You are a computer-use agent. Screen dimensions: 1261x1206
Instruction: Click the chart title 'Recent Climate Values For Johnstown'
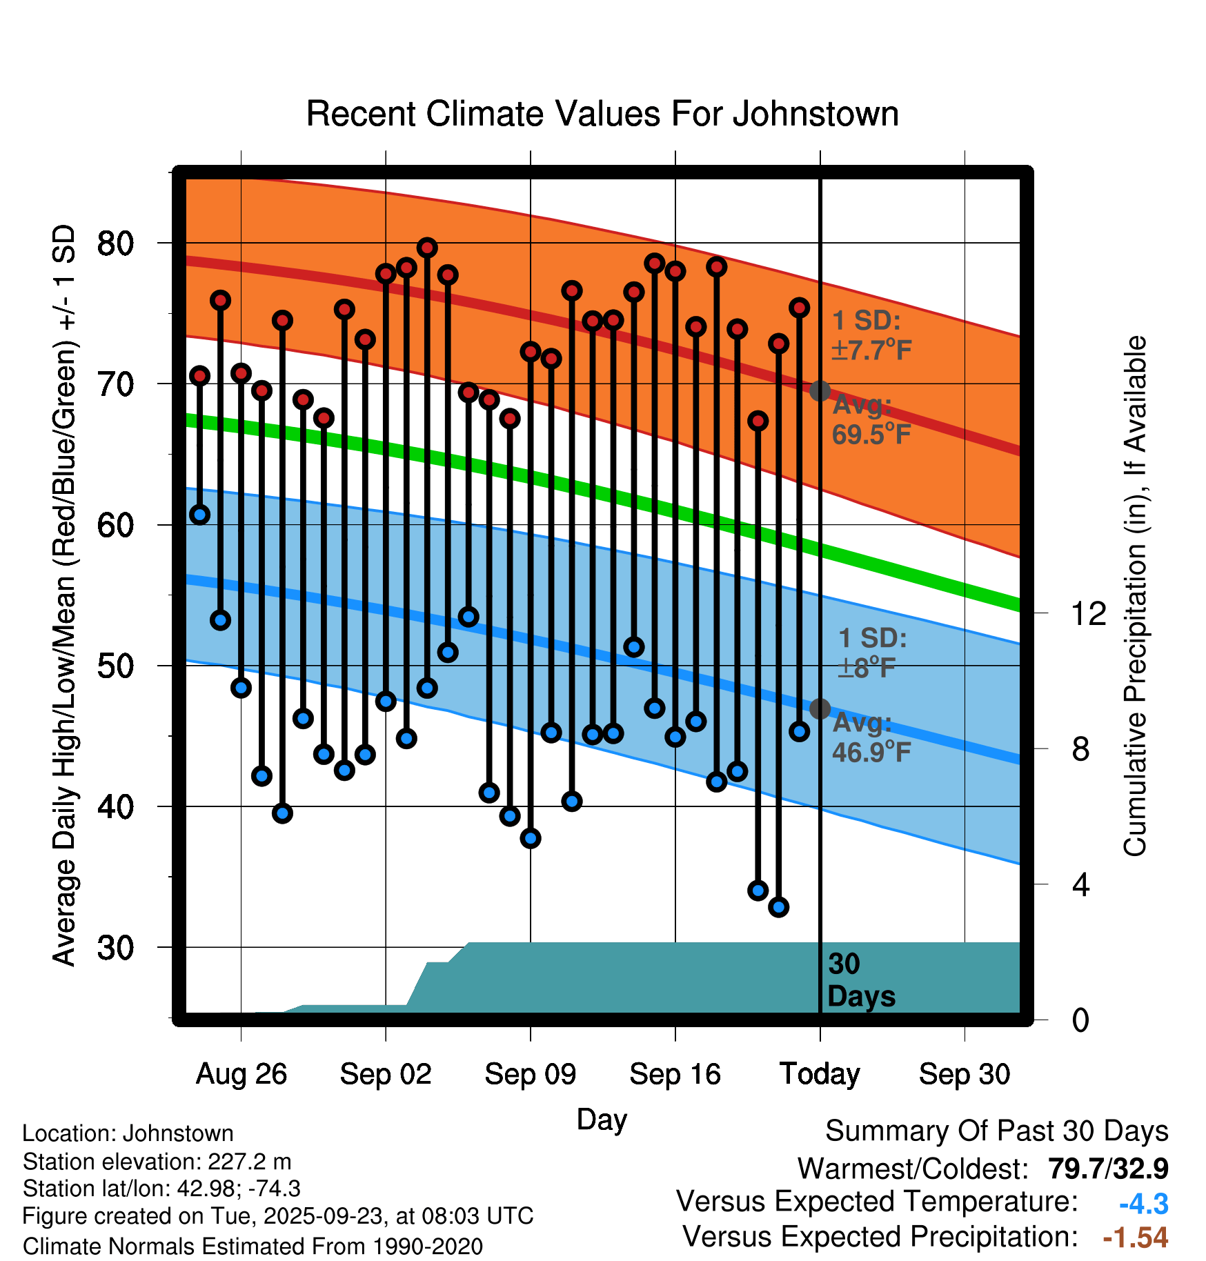[602, 114]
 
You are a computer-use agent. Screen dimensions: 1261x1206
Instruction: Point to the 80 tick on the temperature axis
[115, 244]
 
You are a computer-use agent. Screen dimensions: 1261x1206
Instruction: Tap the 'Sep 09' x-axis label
[530, 1074]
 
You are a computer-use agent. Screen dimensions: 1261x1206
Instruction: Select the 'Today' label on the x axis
[820, 1074]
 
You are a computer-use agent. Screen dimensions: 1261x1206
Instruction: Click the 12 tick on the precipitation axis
[1088, 613]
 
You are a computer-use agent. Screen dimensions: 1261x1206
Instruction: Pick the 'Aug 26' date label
[241, 1074]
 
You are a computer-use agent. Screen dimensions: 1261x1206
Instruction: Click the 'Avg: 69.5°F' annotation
[871, 420]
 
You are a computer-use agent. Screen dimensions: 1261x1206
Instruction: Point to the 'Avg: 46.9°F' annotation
[871, 737]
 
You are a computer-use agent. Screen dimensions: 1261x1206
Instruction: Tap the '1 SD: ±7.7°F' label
[871, 336]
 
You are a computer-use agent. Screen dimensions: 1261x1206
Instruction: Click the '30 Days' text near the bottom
[860, 980]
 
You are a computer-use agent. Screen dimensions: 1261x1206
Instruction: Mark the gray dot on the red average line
[820, 391]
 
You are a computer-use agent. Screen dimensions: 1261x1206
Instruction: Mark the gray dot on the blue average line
[820, 708]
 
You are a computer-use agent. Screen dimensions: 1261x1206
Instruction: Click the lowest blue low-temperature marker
[779, 907]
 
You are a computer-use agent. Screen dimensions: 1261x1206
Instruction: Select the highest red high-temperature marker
[427, 248]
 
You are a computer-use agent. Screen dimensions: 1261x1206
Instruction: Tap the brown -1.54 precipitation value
[1135, 1238]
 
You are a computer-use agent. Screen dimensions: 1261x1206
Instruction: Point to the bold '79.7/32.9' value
[1108, 1169]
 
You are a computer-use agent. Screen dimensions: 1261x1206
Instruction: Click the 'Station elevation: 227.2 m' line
[157, 1162]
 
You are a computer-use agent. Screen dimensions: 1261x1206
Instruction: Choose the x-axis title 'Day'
[602, 1119]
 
